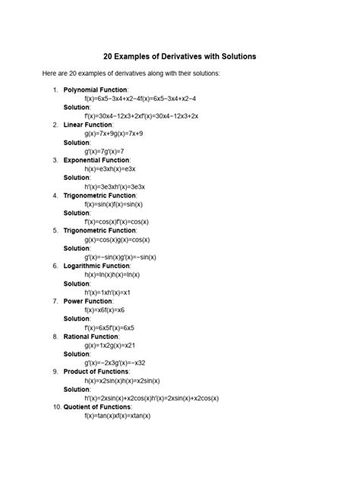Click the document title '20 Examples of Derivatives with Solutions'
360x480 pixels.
(180, 56)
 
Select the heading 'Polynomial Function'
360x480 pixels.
(96, 90)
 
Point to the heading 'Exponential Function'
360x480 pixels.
(96, 160)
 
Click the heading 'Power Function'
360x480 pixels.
(88, 302)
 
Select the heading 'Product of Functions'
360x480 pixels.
(96, 371)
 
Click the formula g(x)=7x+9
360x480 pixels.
(114, 133)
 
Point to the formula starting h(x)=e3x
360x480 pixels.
(114, 169)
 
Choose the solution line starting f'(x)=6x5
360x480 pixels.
(112, 327)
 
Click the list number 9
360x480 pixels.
(55, 371)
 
